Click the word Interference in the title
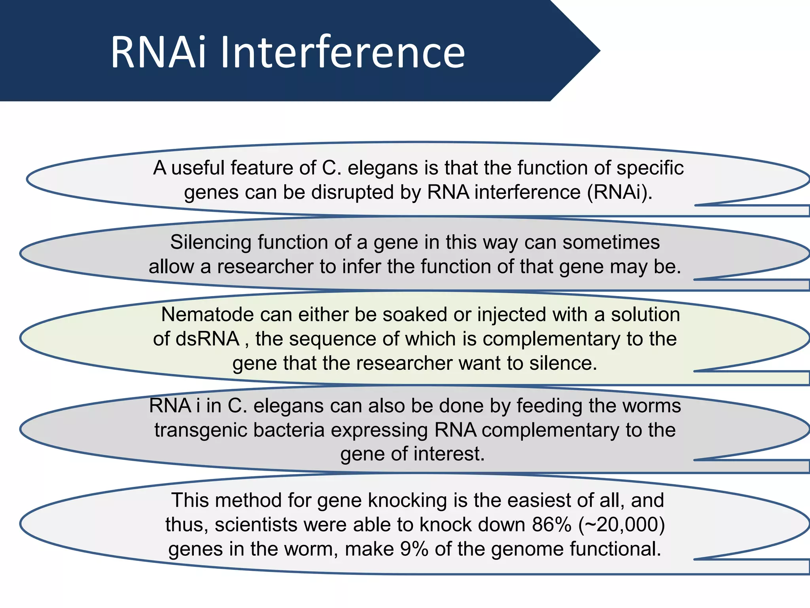click(x=343, y=52)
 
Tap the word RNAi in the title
click(x=159, y=52)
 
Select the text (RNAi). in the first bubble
click(x=620, y=192)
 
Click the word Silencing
click(x=211, y=242)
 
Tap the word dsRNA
click(x=207, y=339)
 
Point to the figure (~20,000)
click(x=621, y=525)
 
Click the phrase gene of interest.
click(x=412, y=454)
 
